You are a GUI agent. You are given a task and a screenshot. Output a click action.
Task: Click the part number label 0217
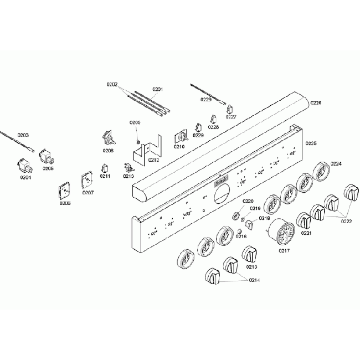coord(284,250)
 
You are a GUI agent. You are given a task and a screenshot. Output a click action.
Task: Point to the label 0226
coord(316,103)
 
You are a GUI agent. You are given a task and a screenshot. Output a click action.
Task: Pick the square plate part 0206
coord(65,190)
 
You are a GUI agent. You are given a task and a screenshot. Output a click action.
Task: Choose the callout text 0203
coord(23,135)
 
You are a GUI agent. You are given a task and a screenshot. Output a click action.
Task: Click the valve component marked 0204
coord(24,165)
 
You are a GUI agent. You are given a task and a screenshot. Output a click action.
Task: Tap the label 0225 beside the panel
coord(311,143)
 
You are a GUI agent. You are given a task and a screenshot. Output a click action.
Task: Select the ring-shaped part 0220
coord(235,214)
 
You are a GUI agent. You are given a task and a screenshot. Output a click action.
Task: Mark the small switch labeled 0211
coord(105,167)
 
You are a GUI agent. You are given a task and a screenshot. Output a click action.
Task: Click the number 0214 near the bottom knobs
coord(255,280)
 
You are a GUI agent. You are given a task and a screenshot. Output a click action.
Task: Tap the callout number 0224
coord(336,163)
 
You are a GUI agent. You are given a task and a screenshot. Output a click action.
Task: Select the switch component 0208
coord(107,138)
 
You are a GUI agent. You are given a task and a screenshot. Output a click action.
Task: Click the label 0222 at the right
coord(346,222)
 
